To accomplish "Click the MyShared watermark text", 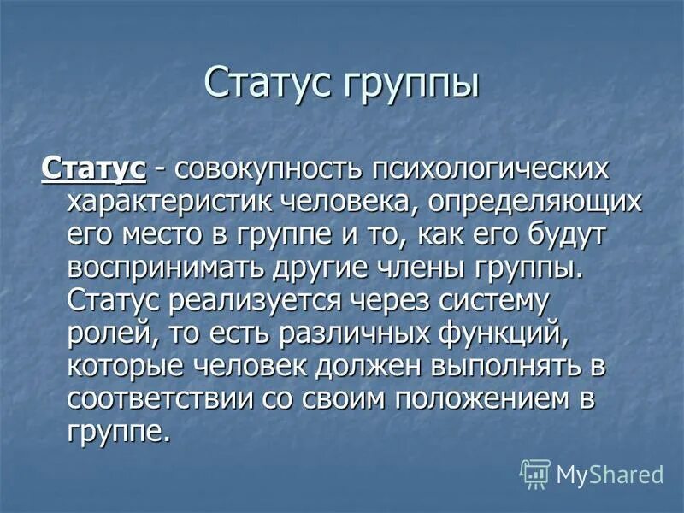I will coord(610,473).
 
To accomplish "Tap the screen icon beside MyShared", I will coord(534,473).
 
